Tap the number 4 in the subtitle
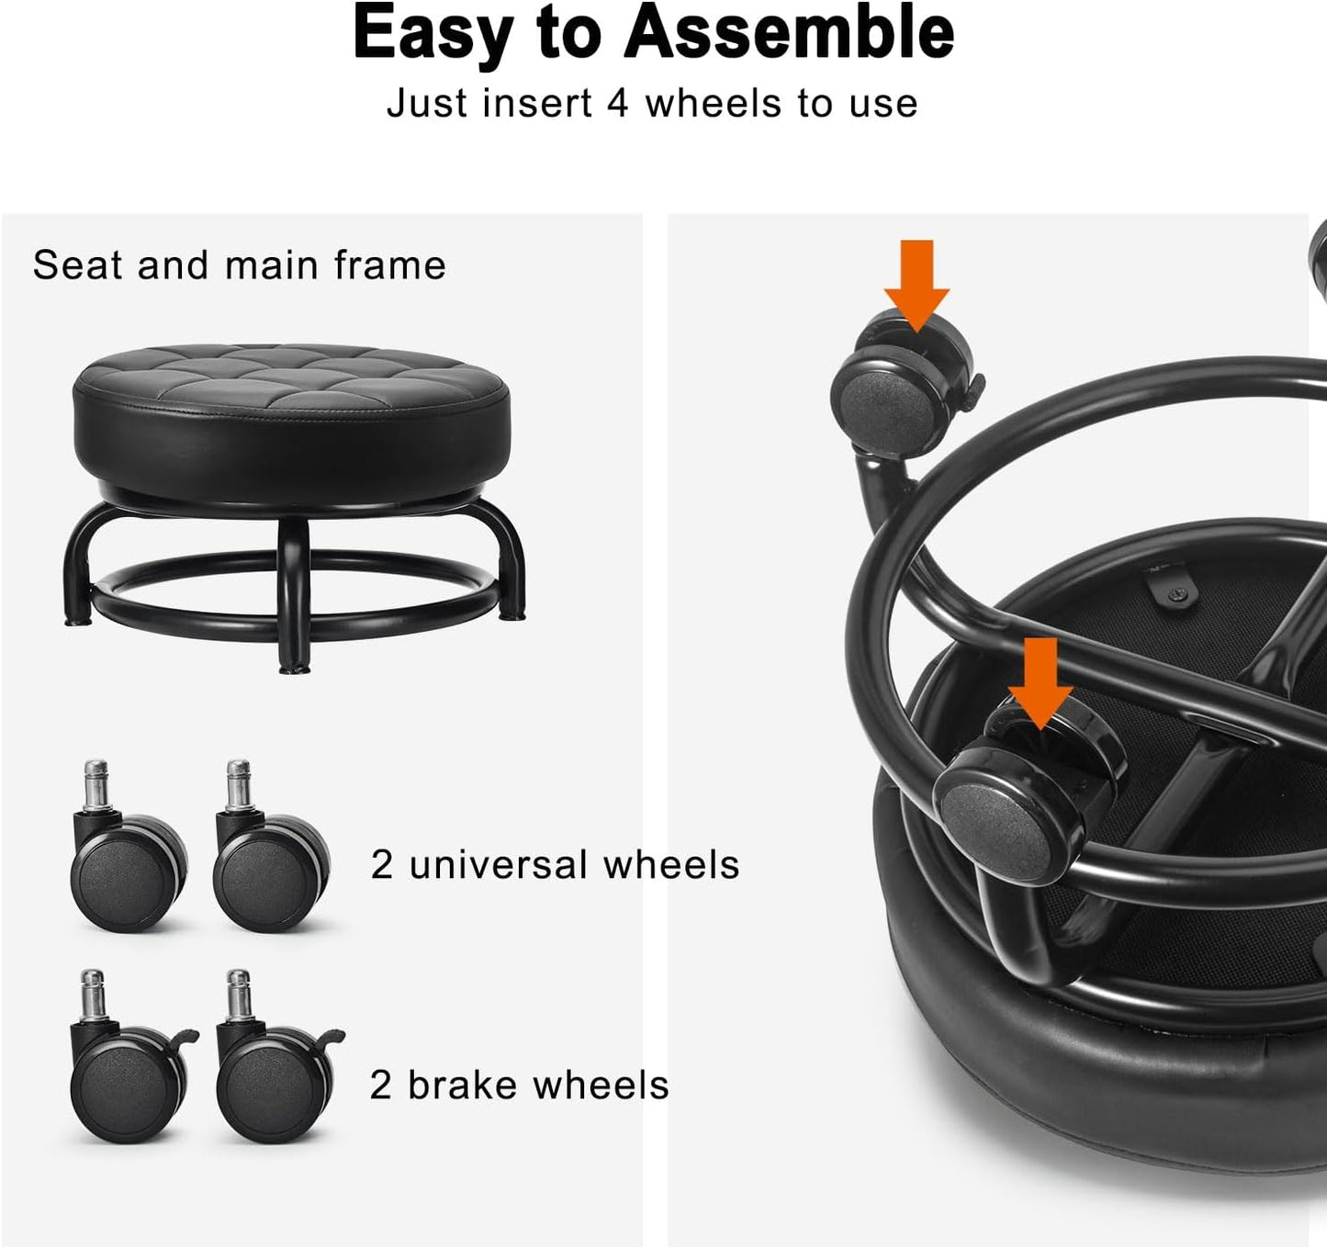pos(617,103)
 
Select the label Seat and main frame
pos(240,265)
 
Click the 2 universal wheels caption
pos(555,865)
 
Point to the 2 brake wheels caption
pos(519,1086)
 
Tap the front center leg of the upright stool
pos(293,597)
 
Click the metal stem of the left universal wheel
pos(96,782)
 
